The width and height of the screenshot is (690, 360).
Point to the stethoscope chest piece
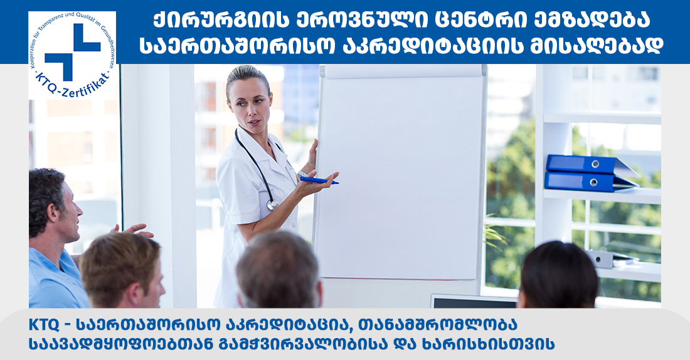(x=272, y=204)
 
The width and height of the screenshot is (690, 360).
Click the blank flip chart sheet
(x=401, y=176)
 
